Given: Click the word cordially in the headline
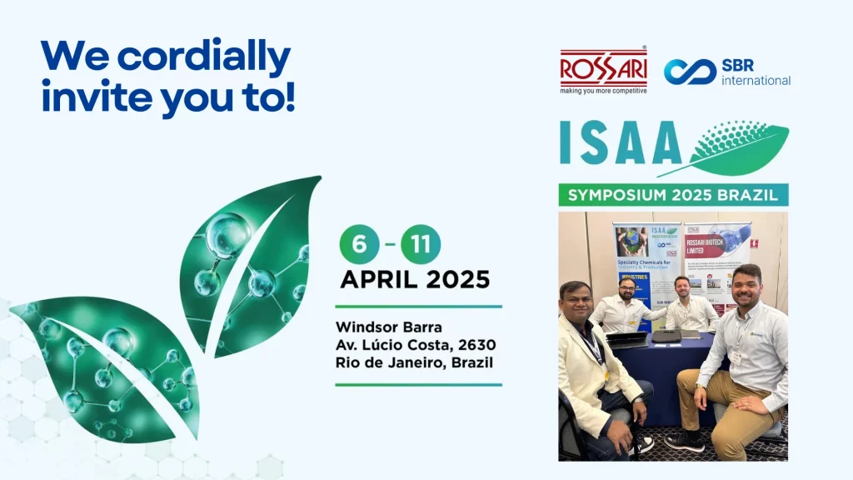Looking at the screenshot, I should tap(203, 57).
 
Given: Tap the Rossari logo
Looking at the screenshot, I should tap(603, 67).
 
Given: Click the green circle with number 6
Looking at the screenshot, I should tap(359, 245).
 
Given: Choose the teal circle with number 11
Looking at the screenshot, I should tap(421, 245).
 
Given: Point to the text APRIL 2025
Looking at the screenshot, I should tap(414, 280).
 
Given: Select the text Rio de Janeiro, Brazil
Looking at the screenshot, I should tap(413, 362).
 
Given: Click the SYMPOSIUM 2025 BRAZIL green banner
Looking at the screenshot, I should tap(673, 195).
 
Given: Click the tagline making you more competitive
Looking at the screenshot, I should tap(603, 91).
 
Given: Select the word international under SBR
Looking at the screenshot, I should tap(756, 81).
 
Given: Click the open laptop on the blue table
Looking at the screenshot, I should tap(626, 338).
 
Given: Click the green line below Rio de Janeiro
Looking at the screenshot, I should tap(418, 385).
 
